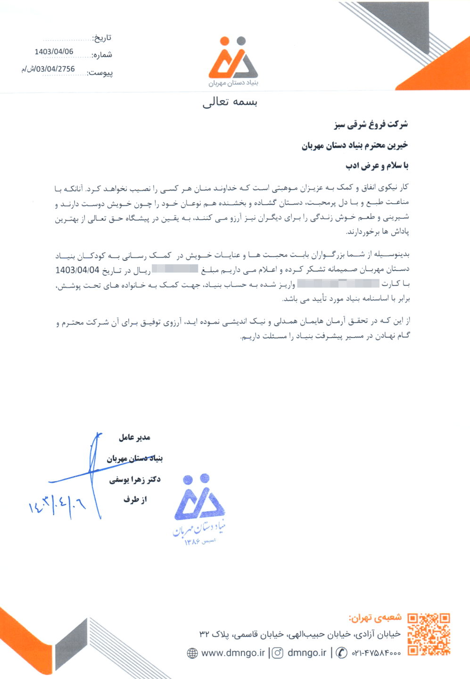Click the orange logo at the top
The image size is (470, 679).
coord(233,58)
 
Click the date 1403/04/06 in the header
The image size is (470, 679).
coord(54,52)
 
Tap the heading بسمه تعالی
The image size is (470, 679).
coord(230,102)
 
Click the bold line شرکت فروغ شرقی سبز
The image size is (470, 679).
coord(371,124)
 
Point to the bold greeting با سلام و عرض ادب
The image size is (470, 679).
coord(377,166)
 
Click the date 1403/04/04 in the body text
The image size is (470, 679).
coord(77,270)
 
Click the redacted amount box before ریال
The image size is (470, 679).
coord(175,269)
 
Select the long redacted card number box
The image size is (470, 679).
coord(338,283)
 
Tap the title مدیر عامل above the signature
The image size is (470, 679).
coord(134,438)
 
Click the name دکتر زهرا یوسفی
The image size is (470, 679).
coord(135,480)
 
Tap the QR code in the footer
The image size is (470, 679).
coord(429,634)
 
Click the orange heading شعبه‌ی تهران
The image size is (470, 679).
coord(375,617)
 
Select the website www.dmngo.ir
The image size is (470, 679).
coord(233,653)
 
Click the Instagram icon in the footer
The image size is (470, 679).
coord(278,653)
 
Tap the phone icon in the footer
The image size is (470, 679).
coord(342,653)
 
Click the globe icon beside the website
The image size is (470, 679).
coord(192,653)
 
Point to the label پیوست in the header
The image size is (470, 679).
coord(100,73)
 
